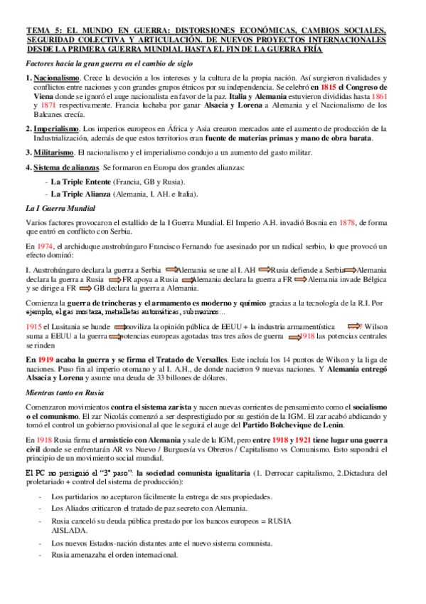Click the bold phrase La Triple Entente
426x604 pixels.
[x=80, y=182]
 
